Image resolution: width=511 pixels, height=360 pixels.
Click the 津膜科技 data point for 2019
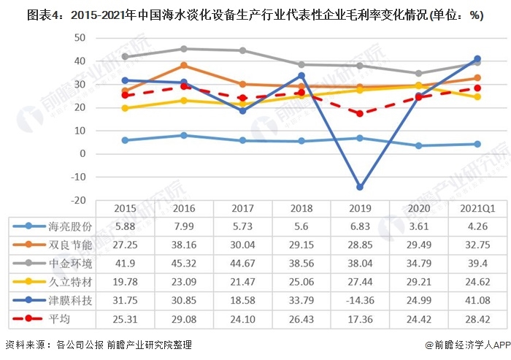(x=358, y=187)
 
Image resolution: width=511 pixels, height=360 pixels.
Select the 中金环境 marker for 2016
(x=184, y=49)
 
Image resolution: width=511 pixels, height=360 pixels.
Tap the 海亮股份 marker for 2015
(x=126, y=140)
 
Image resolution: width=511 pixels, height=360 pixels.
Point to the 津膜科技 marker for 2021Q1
(x=477, y=58)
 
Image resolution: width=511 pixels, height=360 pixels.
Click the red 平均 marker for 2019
(x=358, y=113)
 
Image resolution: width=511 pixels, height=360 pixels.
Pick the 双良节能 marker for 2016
(x=184, y=66)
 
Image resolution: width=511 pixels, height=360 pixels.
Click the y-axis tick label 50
(x=82, y=38)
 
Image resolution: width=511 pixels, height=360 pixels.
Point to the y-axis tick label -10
(x=79, y=177)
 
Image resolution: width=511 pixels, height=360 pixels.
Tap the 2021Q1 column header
(x=477, y=208)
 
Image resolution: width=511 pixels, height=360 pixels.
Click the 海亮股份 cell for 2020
(x=418, y=226)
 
